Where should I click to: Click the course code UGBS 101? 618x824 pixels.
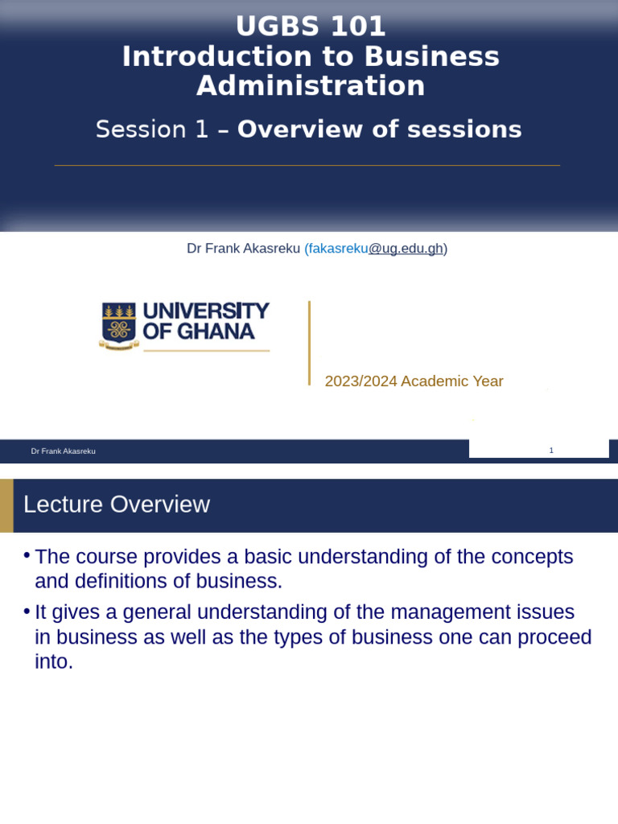pos(311,27)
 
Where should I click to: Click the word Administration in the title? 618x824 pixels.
pos(311,85)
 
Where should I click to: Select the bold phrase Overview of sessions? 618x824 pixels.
pos(379,130)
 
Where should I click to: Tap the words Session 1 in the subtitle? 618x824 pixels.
pos(152,130)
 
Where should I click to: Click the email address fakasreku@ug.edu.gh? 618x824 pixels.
pos(375,249)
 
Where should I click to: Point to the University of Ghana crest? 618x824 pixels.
pos(118,325)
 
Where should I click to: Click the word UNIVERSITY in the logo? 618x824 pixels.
pos(206,311)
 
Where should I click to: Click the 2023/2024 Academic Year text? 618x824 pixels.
pos(414,381)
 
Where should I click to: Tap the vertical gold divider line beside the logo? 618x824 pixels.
pos(309,343)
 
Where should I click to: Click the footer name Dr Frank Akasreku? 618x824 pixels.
pos(63,451)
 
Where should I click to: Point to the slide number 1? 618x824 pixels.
pos(551,451)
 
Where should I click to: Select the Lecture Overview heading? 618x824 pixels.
pos(117,505)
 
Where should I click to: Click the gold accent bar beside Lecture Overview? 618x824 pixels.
pos(6,505)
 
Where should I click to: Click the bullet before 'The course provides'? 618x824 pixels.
pos(27,556)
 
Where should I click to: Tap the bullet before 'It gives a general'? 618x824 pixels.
pos(27,612)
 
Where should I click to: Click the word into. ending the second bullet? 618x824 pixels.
pos(54,662)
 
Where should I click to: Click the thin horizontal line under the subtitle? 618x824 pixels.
pos(307,166)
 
